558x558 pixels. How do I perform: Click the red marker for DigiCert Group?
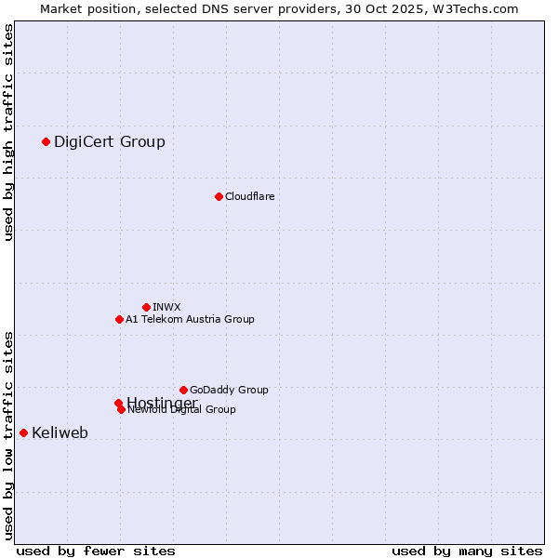pyautogui.click(x=46, y=141)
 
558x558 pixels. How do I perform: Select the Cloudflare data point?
pyautogui.click(x=219, y=196)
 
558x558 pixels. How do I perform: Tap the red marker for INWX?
pyautogui.click(x=146, y=307)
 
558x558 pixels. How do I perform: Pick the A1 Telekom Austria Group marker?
pyautogui.click(x=119, y=319)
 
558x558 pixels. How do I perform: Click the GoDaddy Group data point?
pyautogui.click(x=183, y=390)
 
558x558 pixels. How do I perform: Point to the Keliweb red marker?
pyautogui.click(x=23, y=432)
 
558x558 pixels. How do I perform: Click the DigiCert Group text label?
pyautogui.click(x=109, y=141)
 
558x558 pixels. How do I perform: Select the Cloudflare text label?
pyautogui.click(x=249, y=196)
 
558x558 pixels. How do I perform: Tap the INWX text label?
pyautogui.click(x=166, y=307)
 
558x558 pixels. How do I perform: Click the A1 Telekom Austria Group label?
pyautogui.click(x=190, y=319)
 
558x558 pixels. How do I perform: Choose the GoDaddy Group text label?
pyautogui.click(x=229, y=390)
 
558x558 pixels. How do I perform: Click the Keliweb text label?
pyautogui.click(x=60, y=432)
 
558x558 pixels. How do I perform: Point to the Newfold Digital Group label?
pyautogui.click(x=182, y=410)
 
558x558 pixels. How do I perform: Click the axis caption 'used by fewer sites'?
pyautogui.click(x=95, y=551)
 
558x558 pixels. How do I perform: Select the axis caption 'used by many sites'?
pyautogui.click(x=467, y=551)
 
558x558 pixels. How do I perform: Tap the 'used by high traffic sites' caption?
pyautogui.click(x=8, y=133)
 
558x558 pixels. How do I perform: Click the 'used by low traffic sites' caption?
pyautogui.click(x=8, y=435)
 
